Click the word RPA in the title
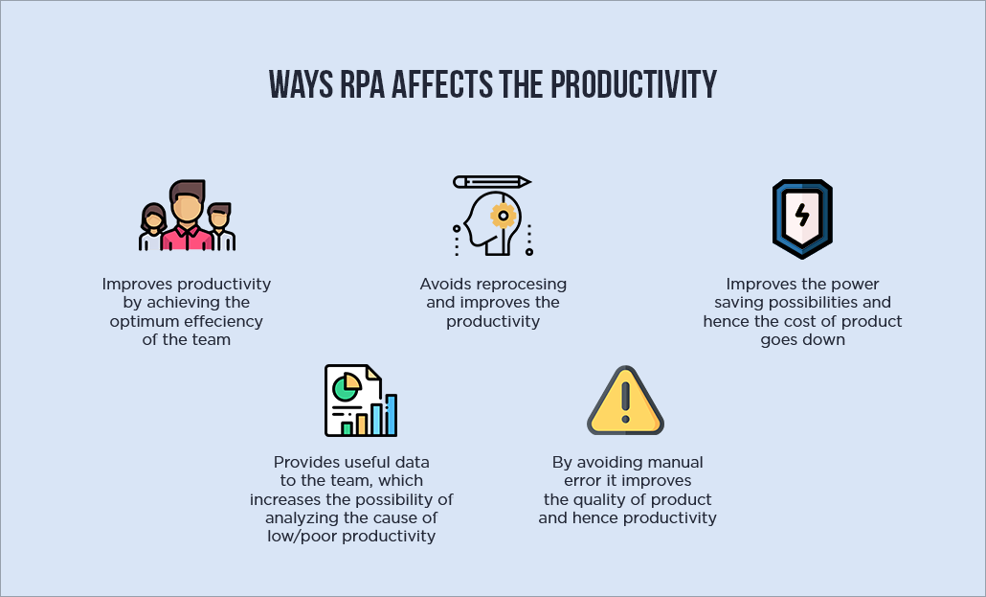pyautogui.click(x=362, y=84)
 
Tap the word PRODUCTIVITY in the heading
pyautogui.click(x=634, y=84)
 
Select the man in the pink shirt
pyautogui.click(x=187, y=215)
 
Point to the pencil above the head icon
pyautogui.click(x=492, y=182)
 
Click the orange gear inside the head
pyautogui.click(x=504, y=216)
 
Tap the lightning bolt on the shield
pyautogui.click(x=802, y=215)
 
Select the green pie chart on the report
pyautogui.click(x=346, y=387)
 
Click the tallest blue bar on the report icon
pyautogui.click(x=391, y=415)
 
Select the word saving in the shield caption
pyautogui.click(x=739, y=303)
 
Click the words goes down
pyautogui.click(x=802, y=340)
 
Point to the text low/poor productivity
pyautogui.click(x=351, y=537)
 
